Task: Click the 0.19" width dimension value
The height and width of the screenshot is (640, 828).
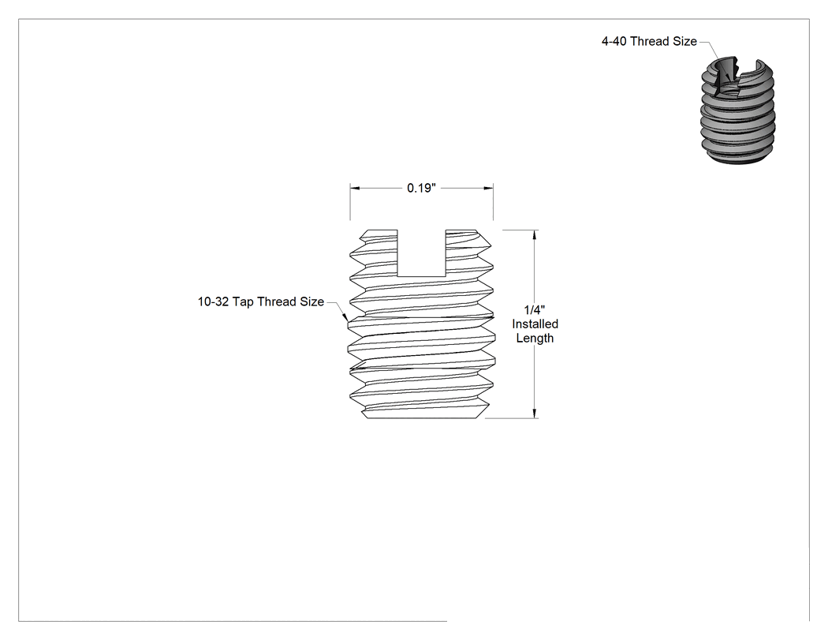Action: pos(421,188)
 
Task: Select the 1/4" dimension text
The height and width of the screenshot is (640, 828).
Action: pos(535,309)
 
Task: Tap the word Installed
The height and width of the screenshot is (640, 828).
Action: pos(535,324)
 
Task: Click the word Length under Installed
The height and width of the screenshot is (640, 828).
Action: pos(535,339)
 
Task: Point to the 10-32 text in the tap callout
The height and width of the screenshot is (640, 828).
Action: pos(214,301)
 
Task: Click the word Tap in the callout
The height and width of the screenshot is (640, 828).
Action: pos(243,302)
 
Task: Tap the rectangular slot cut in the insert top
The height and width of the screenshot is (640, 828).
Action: pos(421,253)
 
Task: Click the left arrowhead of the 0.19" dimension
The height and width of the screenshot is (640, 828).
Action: pos(355,188)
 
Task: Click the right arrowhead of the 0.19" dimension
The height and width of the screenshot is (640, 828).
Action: pos(488,188)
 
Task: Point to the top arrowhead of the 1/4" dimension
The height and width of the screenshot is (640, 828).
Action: pos(535,235)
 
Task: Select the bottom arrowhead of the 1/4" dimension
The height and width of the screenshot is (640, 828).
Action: pos(535,414)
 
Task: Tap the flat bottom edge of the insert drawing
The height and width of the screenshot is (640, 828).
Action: pos(423,418)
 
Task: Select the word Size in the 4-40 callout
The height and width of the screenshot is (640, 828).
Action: pos(685,41)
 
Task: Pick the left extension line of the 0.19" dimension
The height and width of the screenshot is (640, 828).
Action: pos(350,201)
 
